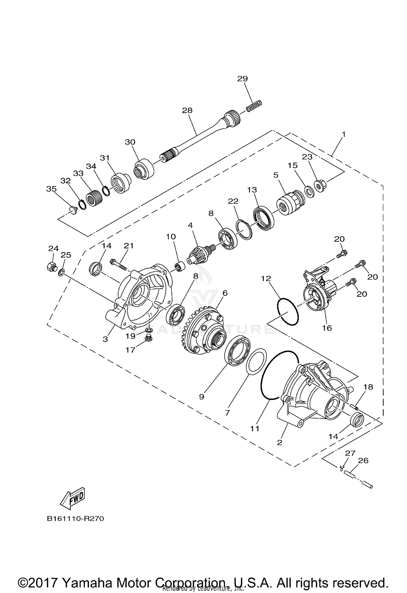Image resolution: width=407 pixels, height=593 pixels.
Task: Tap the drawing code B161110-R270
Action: [75, 519]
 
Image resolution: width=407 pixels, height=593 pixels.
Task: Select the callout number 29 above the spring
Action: [242, 79]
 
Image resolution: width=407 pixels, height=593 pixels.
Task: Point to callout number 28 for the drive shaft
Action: [187, 110]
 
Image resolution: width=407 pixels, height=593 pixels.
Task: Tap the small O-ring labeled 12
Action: [288, 312]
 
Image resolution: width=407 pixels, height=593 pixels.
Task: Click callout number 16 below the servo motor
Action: [327, 328]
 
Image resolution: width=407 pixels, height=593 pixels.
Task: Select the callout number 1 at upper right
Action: [344, 134]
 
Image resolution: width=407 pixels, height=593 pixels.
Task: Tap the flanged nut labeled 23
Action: [320, 186]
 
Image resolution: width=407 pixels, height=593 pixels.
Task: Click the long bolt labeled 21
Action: [119, 264]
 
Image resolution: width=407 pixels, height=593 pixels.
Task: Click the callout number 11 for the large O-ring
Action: [255, 429]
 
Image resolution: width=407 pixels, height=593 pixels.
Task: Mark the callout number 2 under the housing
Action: [279, 442]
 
